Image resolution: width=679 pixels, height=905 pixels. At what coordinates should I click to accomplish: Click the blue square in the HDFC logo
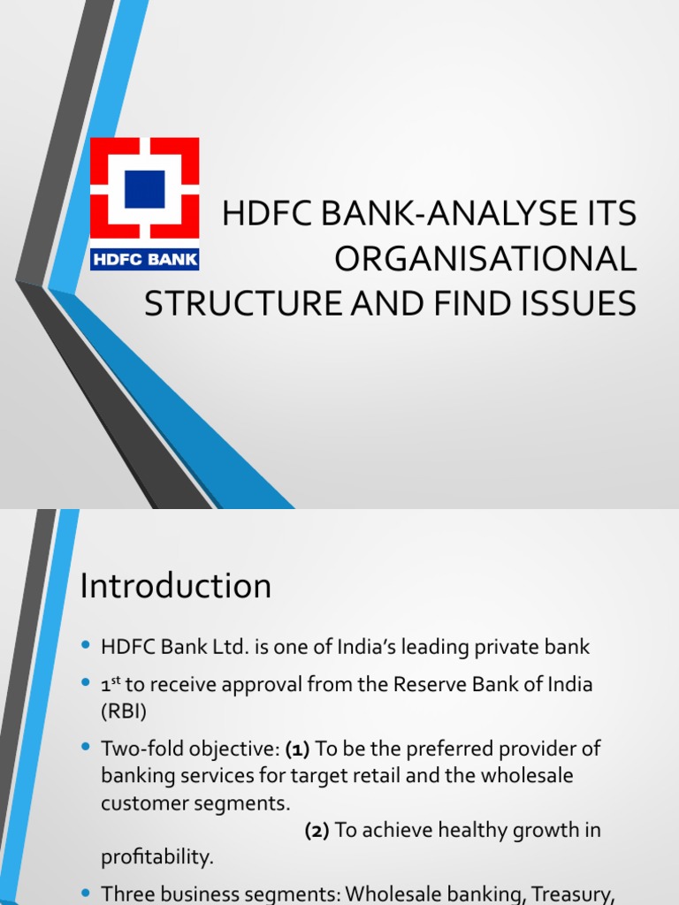pyautogui.click(x=145, y=189)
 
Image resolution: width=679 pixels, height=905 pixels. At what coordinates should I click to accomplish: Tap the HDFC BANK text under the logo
pyautogui.click(x=145, y=260)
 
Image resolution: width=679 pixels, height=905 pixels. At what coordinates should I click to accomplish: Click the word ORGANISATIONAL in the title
pyautogui.click(x=484, y=260)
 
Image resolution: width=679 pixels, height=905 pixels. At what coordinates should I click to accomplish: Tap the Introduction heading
pyautogui.click(x=176, y=586)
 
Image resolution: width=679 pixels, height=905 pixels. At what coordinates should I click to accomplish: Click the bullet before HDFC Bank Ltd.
pyautogui.click(x=86, y=647)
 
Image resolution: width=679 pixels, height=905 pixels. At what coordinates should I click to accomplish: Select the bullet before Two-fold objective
pyautogui.click(x=86, y=749)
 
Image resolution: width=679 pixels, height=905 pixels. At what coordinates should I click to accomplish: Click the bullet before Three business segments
pyautogui.click(x=86, y=894)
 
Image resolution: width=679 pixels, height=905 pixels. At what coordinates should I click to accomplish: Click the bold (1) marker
pyautogui.click(x=297, y=749)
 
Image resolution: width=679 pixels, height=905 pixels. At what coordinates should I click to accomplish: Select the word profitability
pyautogui.click(x=157, y=857)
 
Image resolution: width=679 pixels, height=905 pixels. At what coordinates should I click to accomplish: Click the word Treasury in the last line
pyautogui.click(x=574, y=894)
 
